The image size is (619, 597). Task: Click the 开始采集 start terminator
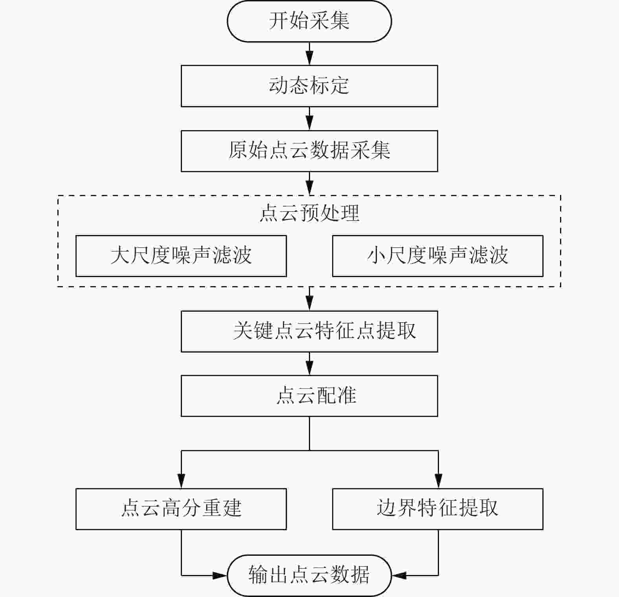click(x=309, y=21)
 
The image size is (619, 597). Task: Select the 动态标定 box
click(x=309, y=86)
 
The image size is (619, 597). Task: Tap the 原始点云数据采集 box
click(x=309, y=151)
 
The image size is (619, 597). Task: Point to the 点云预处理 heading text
click(x=309, y=213)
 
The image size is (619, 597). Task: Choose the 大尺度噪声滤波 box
click(x=181, y=256)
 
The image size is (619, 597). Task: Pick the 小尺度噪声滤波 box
click(x=437, y=256)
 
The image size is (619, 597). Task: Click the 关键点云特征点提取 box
click(x=309, y=331)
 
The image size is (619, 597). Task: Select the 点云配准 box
click(x=309, y=396)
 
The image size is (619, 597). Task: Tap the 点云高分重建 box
click(x=181, y=509)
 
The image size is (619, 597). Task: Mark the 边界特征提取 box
click(x=437, y=509)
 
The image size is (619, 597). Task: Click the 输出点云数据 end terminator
click(x=309, y=575)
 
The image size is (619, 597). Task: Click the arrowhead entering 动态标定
click(x=310, y=59)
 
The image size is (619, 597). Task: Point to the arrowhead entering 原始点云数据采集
click(x=310, y=124)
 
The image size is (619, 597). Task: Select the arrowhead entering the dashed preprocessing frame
click(x=310, y=189)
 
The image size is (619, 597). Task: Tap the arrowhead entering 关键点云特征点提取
click(x=310, y=305)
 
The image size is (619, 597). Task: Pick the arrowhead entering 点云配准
click(x=310, y=369)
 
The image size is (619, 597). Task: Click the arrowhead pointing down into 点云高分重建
click(x=181, y=482)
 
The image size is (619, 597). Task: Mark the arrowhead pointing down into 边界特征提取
click(x=438, y=482)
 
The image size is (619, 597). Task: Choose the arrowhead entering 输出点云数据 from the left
click(x=220, y=575)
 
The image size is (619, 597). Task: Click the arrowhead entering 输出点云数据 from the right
click(x=399, y=575)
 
